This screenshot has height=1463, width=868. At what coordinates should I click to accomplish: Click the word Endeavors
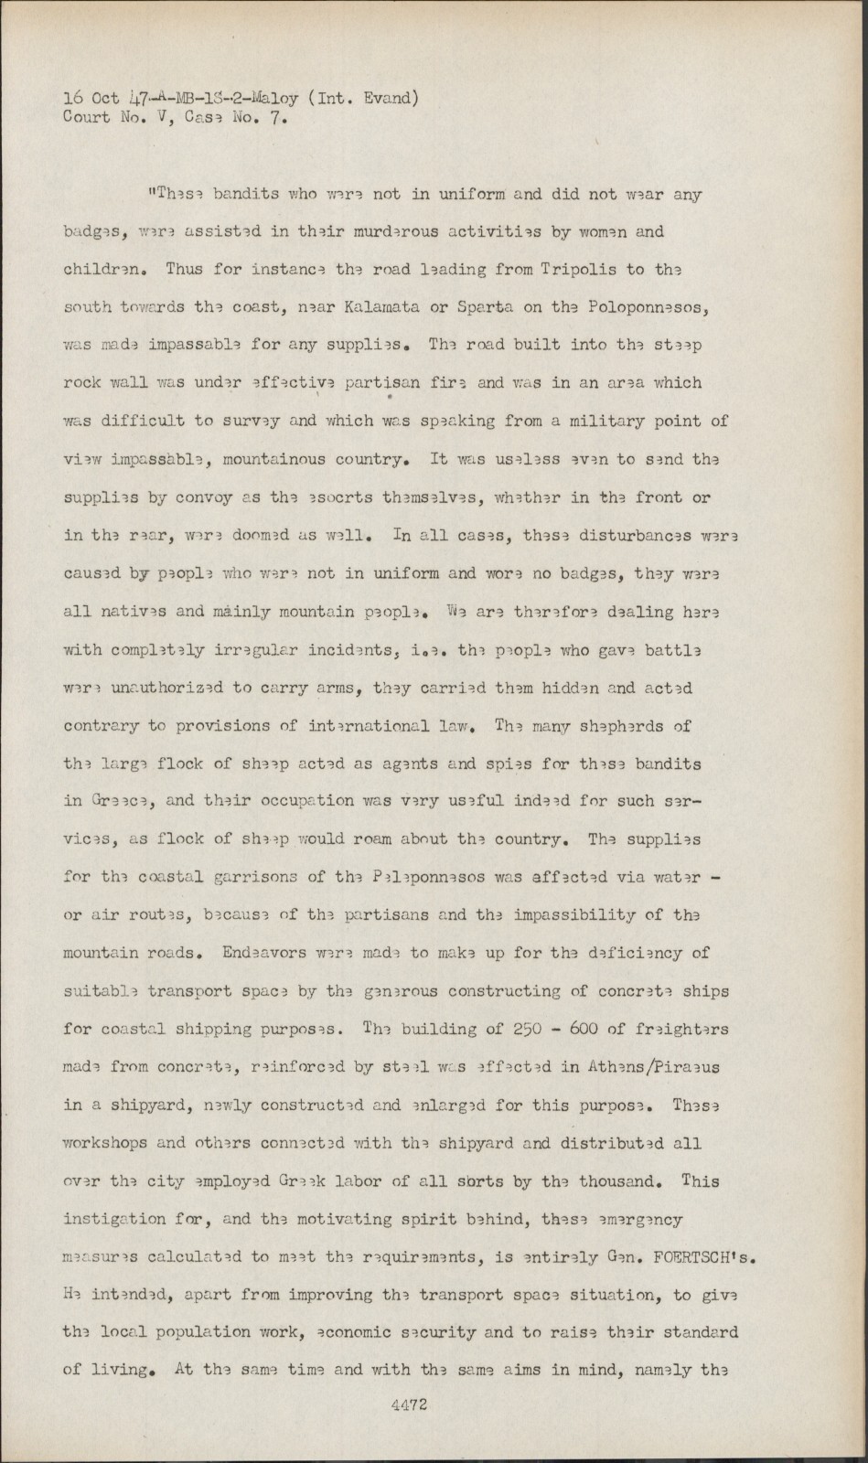click(x=272, y=953)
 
